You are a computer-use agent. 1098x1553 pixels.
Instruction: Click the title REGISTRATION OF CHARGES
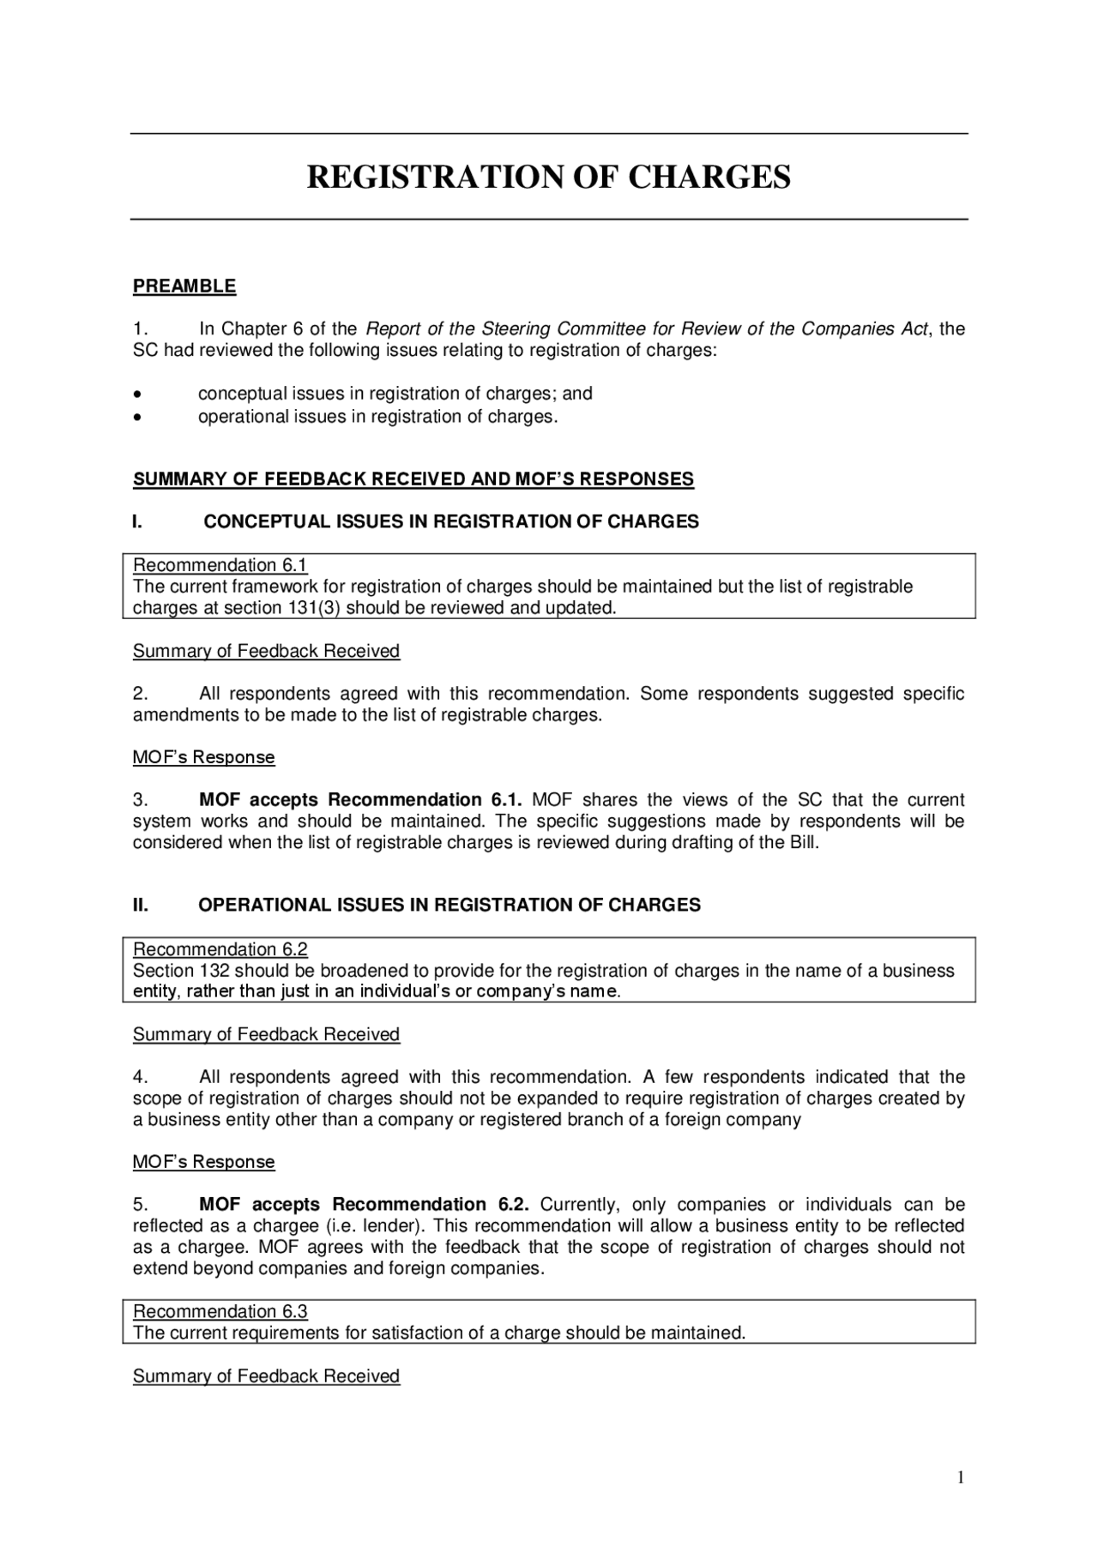click(x=549, y=178)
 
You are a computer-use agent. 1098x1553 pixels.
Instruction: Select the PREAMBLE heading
click(x=184, y=286)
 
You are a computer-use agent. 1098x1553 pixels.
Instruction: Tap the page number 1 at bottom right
click(x=961, y=1477)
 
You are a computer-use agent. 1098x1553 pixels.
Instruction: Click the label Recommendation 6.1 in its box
click(x=220, y=565)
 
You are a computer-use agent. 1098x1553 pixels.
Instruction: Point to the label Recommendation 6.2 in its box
click(x=220, y=949)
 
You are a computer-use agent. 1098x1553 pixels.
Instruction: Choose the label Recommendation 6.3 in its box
click(x=220, y=1311)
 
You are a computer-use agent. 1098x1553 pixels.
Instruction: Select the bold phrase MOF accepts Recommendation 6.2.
click(x=364, y=1204)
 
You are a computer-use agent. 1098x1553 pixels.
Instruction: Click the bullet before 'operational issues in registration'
click(x=137, y=418)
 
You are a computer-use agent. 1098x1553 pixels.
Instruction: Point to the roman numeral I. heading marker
click(x=137, y=521)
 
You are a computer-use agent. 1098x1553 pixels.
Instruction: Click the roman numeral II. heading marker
click(x=140, y=905)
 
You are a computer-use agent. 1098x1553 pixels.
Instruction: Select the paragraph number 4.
click(x=141, y=1077)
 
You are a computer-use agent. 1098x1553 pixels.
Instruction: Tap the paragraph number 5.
click(x=141, y=1204)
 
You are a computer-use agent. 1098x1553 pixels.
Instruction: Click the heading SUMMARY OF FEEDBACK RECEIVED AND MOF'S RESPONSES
click(x=413, y=479)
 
